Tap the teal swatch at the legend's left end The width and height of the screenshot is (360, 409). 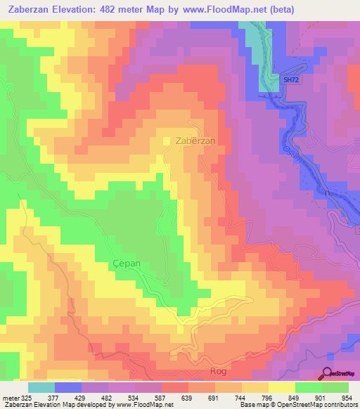point(41,387)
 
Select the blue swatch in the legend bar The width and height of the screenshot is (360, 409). point(68,387)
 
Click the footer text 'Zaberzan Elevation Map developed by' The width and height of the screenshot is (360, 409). point(56,404)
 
